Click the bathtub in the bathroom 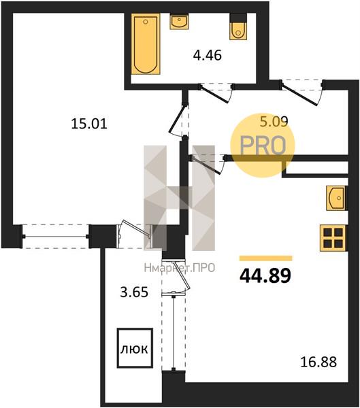[x=146, y=44]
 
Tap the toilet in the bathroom [x=238, y=27]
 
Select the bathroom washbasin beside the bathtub [x=179, y=21]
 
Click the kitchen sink [x=337, y=198]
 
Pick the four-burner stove [x=333, y=238]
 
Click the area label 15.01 [x=89, y=124]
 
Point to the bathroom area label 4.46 [x=208, y=55]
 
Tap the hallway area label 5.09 [x=274, y=121]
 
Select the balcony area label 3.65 [x=134, y=292]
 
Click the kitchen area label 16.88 [x=318, y=362]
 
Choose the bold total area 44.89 [x=265, y=276]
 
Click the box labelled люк [x=135, y=348]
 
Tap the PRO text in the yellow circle [x=263, y=146]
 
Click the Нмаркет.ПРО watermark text [x=180, y=268]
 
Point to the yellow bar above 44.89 [x=265, y=258]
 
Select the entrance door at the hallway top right [x=303, y=93]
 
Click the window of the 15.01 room [x=55, y=236]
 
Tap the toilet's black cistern [x=238, y=18]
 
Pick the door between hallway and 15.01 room [x=178, y=120]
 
